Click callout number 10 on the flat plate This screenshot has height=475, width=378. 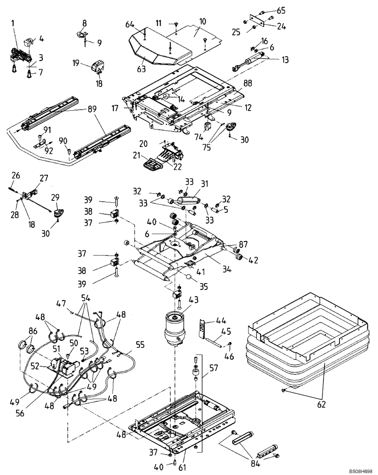[202, 21]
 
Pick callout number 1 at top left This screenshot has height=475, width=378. [13, 22]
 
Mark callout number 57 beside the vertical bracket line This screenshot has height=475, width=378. [214, 367]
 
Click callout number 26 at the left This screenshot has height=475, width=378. [16, 176]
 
